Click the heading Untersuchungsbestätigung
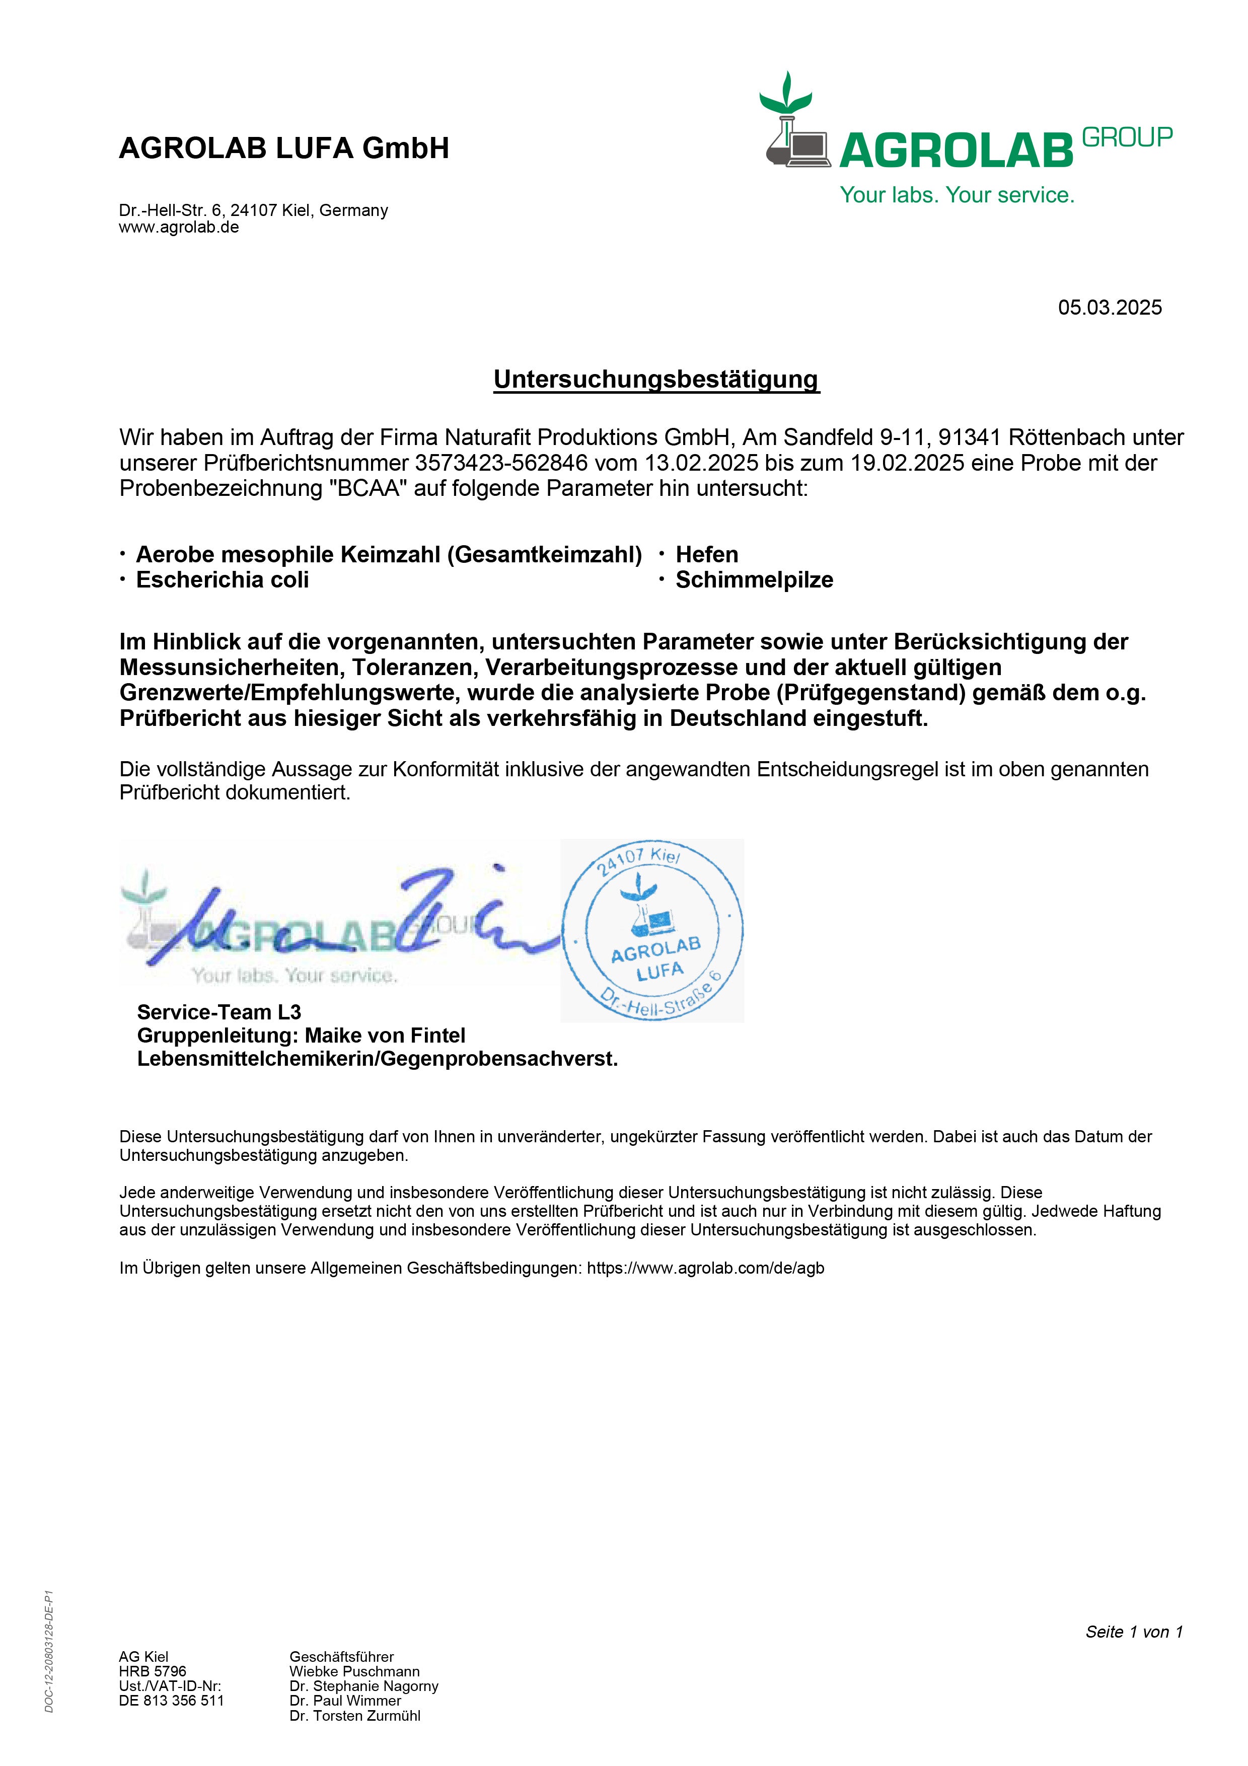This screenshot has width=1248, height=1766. (656, 379)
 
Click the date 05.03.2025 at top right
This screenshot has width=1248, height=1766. (1110, 308)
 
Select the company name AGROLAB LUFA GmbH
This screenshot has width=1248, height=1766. (284, 148)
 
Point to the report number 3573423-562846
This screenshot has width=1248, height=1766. (501, 463)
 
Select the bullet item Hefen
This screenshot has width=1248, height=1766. (707, 555)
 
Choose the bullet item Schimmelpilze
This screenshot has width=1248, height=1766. (754, 580)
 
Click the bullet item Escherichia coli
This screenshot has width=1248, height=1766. (222, 580)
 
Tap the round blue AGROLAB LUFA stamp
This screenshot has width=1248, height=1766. (653, 931)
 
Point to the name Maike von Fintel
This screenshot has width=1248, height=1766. (385, 1036)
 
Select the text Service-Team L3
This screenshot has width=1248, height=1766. (219, 1012)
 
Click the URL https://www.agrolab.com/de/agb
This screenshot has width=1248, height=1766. (705, 1268)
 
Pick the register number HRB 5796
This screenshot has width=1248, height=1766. (152, 1671)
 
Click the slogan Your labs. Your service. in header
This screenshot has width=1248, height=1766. (957, 195)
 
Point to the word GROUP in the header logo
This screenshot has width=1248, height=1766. (1127, 137)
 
